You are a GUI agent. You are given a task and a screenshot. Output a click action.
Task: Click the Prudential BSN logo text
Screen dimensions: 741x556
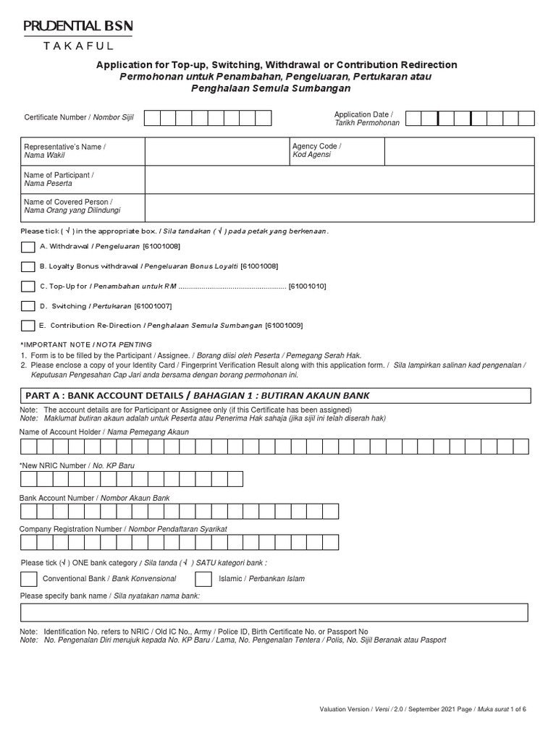point(78,27)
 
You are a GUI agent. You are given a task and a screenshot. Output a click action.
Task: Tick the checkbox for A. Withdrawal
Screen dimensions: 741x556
point(28,247)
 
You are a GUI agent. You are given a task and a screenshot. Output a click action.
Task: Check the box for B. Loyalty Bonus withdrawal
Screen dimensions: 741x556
point(28,266)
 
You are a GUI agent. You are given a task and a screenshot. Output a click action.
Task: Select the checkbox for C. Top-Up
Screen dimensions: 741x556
point(28,286)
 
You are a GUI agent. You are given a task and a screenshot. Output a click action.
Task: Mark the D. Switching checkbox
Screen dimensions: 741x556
point(28,306)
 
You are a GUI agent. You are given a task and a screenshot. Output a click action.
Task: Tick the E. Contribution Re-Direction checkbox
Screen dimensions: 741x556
point(28,326)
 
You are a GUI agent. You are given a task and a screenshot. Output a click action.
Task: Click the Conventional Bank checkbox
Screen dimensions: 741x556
point(29,578)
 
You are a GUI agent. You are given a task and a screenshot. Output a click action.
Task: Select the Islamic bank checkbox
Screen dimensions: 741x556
point(205,578)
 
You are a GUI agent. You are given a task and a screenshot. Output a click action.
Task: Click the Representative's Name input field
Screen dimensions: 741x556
point(216,151)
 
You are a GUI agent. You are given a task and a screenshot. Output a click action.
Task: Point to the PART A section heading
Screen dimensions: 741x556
point(197,396)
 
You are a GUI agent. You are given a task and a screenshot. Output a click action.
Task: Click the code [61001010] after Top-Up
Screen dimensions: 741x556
point(307,287)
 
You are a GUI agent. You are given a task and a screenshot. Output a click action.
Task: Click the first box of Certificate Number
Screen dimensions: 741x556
point(152,118)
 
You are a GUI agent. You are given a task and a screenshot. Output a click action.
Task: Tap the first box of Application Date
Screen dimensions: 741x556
point(413,119)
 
